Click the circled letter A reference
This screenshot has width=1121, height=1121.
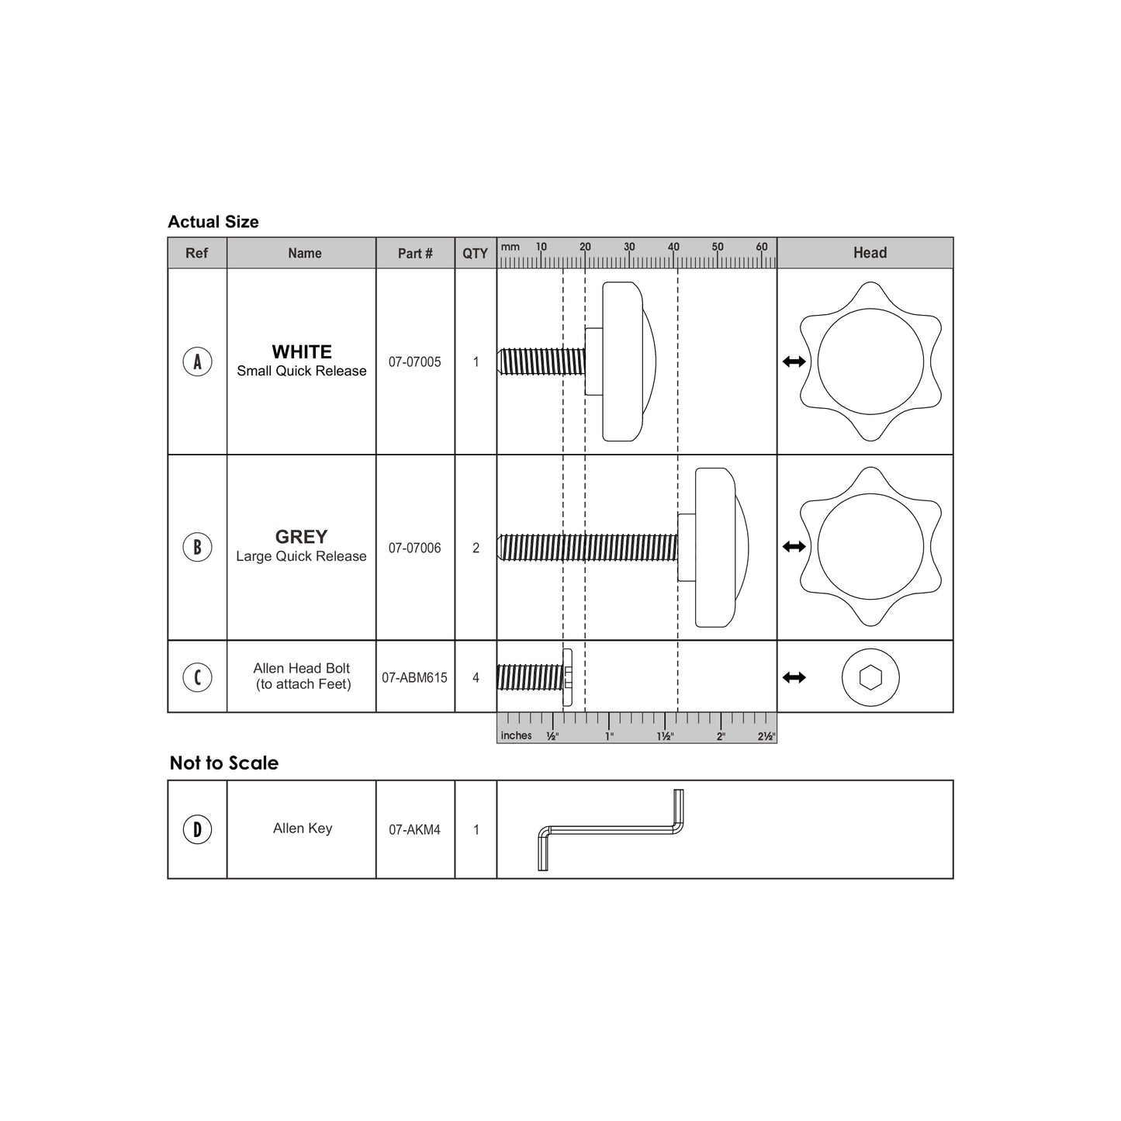pyautogui.click(x=197, y=362)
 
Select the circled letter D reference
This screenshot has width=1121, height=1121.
pyautogui.click(x=197, y=829)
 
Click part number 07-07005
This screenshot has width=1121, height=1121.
pyautogui.click(x=414, y=362)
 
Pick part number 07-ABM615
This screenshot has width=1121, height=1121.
pyautogui.click(x=414, y=677)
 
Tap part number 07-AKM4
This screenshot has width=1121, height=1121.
pyautogui.click(x=414, y=829)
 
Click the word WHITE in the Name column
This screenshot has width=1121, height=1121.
pyautogui.click(x=301, y=351)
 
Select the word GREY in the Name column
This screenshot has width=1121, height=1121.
pyautogui.click(x=301, y=537)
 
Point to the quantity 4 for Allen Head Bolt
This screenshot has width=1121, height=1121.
pyautogui.click(x=476, y=677)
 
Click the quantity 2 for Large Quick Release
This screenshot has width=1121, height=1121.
pyautogui.click(x=476, y=548)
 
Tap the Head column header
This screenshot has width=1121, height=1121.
pyautogui.click(x=869, y=253)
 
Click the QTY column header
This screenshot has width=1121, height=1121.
pyautogui.click(x=475, y=253)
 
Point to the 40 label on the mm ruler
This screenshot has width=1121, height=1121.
pyautogui.click(x=673, y=247)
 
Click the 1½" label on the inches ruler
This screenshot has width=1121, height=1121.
pyautogui.click(x=665, y=736)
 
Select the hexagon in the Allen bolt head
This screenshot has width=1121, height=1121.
pyautogui.click(x=870, y=677)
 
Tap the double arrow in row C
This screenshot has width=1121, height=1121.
pyautogui.click(x=794, y=677)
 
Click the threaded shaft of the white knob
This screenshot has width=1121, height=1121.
pyautogui.click(x=541, y=362)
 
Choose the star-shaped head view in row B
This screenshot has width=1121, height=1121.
pyautogui.click(x=870, y=547)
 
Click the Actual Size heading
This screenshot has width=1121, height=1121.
pyautogui.click(x=213, y=222)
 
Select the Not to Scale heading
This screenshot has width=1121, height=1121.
pyautogui.click(x=223, y=763)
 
